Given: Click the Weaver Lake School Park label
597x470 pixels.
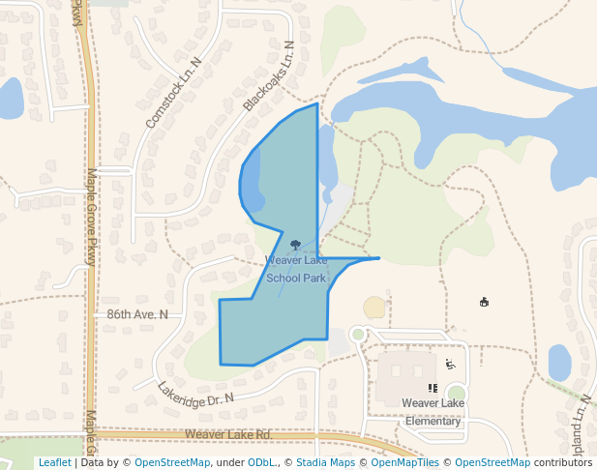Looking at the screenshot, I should pos(296,269).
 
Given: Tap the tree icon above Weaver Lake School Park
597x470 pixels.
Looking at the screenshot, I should pos(295,246).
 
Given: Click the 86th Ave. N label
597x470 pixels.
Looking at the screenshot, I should pos(137,314).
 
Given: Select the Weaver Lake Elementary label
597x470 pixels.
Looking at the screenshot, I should pos(433,412).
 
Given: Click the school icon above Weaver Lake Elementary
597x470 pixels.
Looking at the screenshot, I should pos(433,388).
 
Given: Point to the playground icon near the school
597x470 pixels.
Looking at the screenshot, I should pos(451,365).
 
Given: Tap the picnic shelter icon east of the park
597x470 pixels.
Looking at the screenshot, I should pos(484,302).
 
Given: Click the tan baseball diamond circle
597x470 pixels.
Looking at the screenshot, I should pos(374,308).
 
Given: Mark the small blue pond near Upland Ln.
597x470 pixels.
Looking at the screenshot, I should pos(559,363).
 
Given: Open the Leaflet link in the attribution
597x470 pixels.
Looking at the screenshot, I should pos(54,463).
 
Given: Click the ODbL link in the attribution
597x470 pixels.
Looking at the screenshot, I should pos(260,463).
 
